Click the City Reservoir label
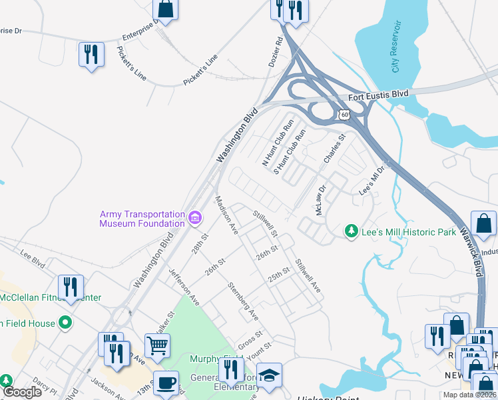tap(397, 47)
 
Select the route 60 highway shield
tap(344, 115)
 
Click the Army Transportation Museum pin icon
tap(195, 217)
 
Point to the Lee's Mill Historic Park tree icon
tap(351, 231)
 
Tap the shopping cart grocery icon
tap(158, 345)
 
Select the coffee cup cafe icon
tap(166, 383)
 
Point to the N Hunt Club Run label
tap(278, 143)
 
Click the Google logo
tap(23, 393)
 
